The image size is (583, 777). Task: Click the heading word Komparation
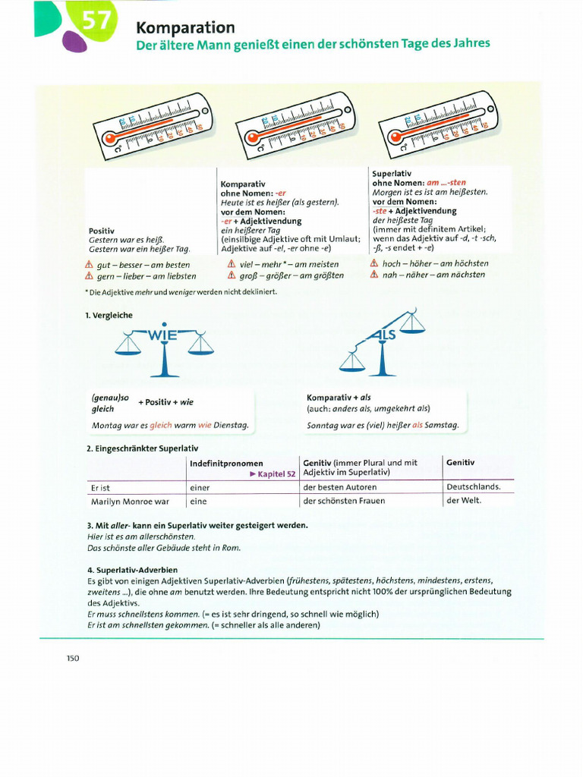(185, 27)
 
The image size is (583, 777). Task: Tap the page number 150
(73, 658)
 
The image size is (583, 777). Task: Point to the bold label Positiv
(102, 230)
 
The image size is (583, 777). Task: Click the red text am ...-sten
(447, 183)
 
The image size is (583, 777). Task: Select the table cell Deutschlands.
(473, 486)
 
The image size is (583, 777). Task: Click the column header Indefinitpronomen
(226, 463)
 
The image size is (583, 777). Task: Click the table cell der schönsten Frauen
(344, 501)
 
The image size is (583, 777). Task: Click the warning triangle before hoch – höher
(373, 263)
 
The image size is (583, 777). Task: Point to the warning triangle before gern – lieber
(89, 276)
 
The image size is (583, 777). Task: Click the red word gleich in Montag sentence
(160, 425)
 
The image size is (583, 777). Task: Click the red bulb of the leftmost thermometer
(109, 139)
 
